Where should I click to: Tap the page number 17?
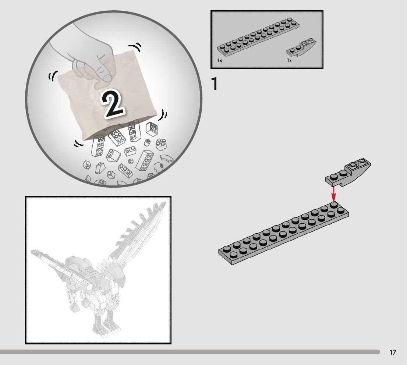click(x=393, y=352)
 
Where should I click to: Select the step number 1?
click(x=215, y=84)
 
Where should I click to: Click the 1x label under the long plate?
click(x=220, y=60)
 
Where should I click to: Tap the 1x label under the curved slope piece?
click(x=289, y=60)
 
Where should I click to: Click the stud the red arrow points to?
click(x=334, y=205)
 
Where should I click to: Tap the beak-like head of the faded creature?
click(x=116, y=273)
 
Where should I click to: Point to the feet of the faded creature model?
click(x=106, y=330)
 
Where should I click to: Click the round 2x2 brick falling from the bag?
click(x=161, y=144)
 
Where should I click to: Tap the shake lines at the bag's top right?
click(x=135, y=47)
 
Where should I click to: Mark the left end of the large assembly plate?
click(x=219, y=251)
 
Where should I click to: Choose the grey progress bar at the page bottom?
click(x=190, y=352)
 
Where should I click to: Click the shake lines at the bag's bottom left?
click(x=79, y=143)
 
